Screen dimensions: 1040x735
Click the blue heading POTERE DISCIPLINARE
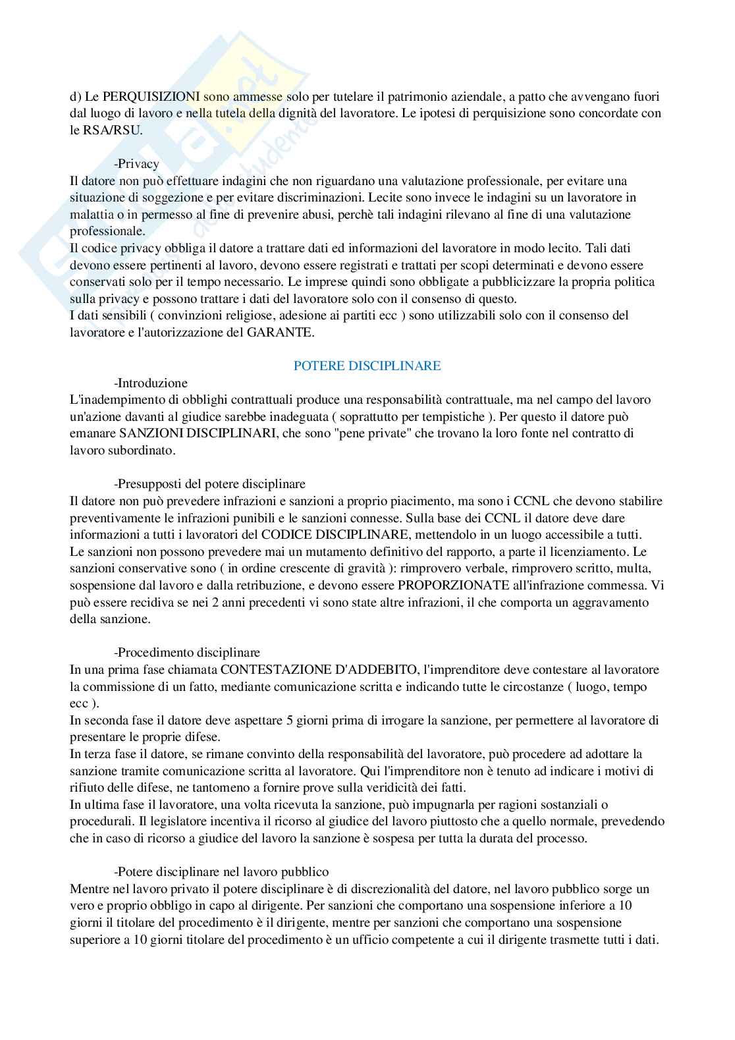pos(367,366)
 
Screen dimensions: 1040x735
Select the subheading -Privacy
pos(136,164)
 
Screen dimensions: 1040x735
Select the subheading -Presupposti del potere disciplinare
pos(209,484)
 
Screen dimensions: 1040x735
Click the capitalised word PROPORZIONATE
pos(453,586)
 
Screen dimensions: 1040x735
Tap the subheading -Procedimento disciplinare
pos(187,653)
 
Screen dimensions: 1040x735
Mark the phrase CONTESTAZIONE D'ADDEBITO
pos(319,670)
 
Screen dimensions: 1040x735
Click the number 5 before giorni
pos(290,721)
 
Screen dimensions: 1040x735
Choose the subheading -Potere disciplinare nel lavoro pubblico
pos(221,872)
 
